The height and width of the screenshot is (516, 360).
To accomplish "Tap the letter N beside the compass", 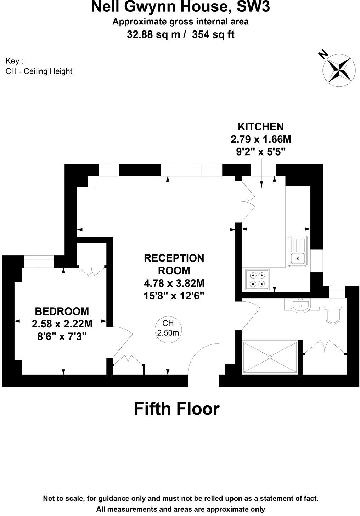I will pyautogui.click(x=322, y=55).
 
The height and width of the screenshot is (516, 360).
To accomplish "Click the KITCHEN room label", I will pyautogui.click(x=261, y=127).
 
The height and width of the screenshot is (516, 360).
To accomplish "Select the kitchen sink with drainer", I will pyautogui.click(x=298, y=251).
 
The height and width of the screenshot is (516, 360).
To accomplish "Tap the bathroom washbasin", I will pyautogui.click(x=300, y=305).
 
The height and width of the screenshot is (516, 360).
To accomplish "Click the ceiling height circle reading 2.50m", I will pyautogui.click(x=168, y=328).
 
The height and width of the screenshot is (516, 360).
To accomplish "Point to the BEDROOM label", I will pyautogui.click(x=62, y=311).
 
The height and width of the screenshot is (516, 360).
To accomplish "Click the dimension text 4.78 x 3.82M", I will pyautogui.click(x=174, y=283).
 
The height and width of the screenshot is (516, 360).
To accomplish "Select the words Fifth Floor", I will pyautogui.click(x=177, y=409).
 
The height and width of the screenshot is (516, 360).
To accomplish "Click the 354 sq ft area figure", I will pyautogui.click(x=213, y=35).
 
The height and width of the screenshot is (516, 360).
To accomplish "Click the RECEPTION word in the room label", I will pyautogui.click(x=174, y=258).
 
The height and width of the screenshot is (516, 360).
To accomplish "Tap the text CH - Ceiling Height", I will pyautogui.click(x=39, y=71).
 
